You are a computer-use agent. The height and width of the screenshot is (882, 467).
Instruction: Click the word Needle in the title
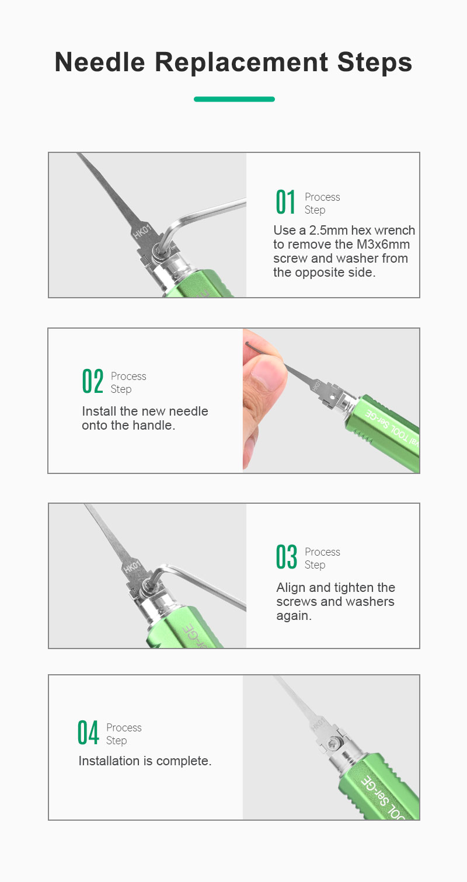click(x=100, y=62)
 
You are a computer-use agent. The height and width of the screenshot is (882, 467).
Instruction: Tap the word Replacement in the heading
click(x=241, y=63)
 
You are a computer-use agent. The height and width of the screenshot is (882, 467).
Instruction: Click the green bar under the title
click(x=234, y=99)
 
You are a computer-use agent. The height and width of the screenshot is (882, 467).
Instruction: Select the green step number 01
click(x=285, y=202)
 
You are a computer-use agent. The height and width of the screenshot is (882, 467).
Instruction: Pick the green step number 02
click(x=93, y=381)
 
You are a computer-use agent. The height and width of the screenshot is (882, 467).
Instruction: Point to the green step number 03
click(x=286, y=557)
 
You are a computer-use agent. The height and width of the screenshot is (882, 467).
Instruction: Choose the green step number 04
click(x=88, y=733)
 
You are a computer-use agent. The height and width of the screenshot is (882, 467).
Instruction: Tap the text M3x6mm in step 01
click(x=383, y=244)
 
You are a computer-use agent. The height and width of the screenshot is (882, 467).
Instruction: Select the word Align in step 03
click(x=291, y=587)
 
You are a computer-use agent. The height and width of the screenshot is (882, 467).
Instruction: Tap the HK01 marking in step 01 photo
click(x=142, y=231)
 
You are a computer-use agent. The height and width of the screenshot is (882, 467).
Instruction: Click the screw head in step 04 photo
click(x=333, y=744)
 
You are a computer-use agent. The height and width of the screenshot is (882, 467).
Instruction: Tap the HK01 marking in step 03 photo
click(x=132, y=567)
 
